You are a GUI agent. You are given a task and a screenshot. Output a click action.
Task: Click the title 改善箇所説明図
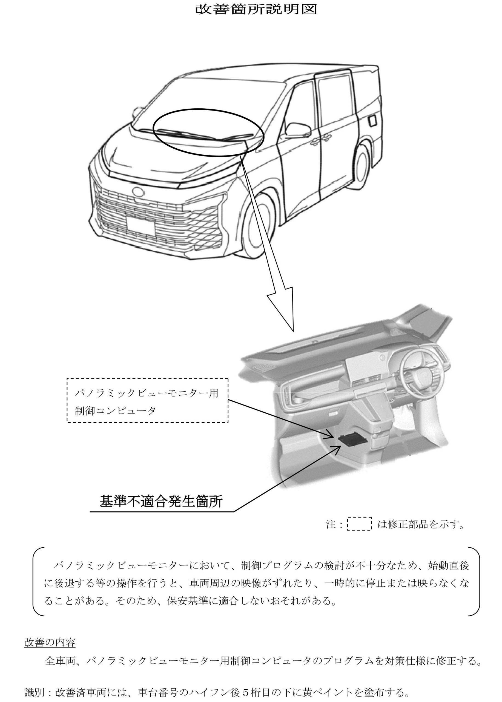pos(256,9)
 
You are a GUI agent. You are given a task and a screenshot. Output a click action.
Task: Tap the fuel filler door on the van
pos(373,120)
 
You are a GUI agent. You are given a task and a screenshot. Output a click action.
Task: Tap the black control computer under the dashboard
pos(353,440)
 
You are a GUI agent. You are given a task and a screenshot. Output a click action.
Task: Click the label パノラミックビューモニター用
pos(147,394)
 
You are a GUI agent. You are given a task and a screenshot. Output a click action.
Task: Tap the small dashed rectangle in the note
pos(360,524)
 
